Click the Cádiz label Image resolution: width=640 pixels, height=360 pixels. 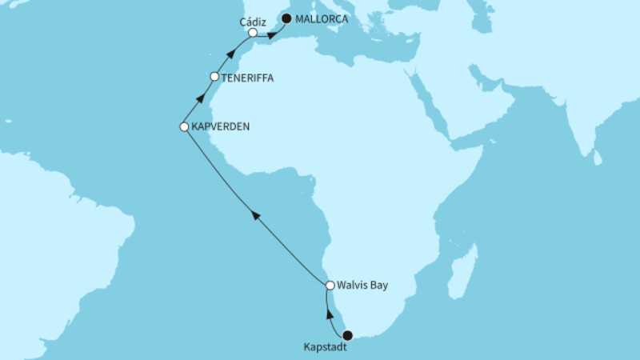pos(253,22)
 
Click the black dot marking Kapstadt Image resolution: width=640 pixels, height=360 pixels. pos(347,336)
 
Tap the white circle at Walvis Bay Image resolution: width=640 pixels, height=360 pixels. pos(330,285)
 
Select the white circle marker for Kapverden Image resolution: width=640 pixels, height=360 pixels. pos(184,126)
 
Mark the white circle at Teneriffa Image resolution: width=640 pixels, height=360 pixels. pos(214,77)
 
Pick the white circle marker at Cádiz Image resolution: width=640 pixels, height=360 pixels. pos(252,34)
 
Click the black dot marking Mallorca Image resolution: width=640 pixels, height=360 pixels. pos(286,18)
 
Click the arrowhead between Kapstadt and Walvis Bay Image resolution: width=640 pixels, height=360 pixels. pos(330,314)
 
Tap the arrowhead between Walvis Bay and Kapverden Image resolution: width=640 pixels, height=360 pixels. pos(255,214)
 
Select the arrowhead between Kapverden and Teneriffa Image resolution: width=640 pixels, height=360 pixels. pos(200,100)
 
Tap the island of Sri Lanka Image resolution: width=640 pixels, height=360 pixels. pos(598,158)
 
